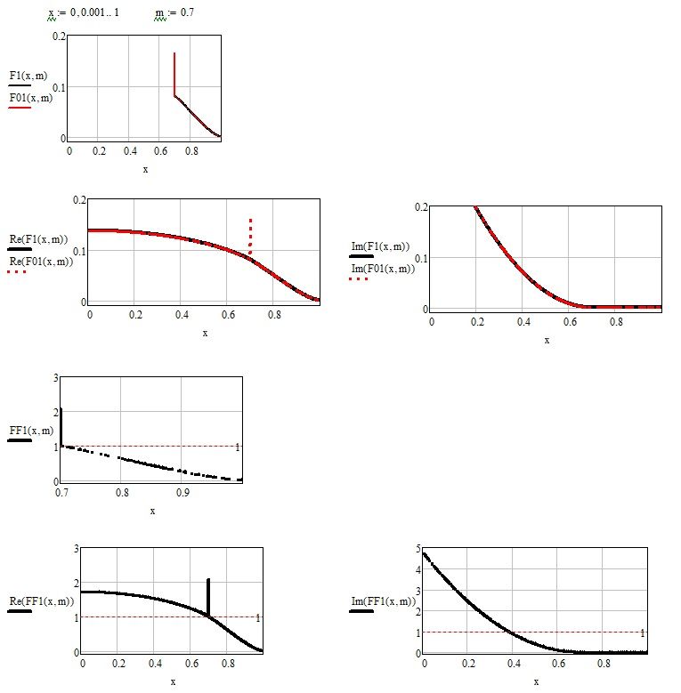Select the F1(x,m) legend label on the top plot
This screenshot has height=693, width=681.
[28, 76]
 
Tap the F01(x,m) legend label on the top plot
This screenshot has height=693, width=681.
[30, 97]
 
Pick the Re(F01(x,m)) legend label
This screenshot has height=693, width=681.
[41, 261]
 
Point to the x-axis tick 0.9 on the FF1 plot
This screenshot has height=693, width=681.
[182, 491]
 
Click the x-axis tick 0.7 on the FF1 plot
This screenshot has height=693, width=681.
[62, 491]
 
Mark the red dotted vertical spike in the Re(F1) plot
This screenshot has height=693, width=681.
[251, 235]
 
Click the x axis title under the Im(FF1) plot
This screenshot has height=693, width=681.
[536, 681]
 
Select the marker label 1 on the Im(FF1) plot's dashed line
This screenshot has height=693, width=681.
[643, 633]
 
